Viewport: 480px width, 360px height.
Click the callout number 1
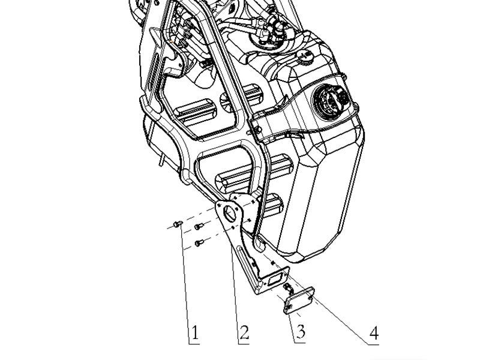[195, 332]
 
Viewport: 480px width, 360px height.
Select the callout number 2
[244, 332]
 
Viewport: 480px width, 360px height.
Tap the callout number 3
[301, 331]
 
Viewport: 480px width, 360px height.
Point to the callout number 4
[374, 333]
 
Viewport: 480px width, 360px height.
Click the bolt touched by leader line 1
[178, 224]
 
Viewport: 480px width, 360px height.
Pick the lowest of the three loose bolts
[199, 244]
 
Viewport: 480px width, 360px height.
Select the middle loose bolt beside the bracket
[199, 227]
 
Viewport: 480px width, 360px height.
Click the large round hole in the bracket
[230, 212]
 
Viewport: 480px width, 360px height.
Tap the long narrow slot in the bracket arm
[247, 260]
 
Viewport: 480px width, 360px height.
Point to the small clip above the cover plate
[288, 287]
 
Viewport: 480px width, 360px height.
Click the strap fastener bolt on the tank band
[258, 130]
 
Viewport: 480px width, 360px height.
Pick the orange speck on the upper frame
[173, 41]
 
